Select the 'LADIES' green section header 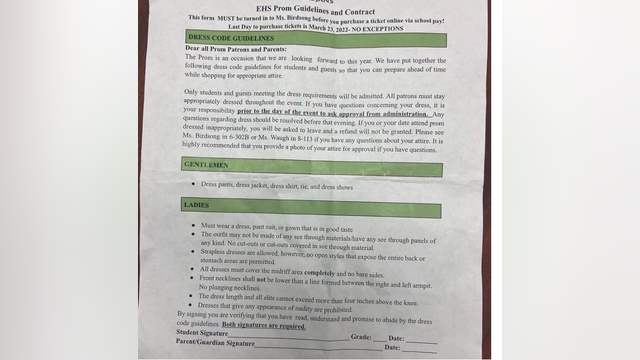tap(197, 205)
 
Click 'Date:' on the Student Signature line tap(397, 339)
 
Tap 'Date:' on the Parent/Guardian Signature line tap(397, 350)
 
